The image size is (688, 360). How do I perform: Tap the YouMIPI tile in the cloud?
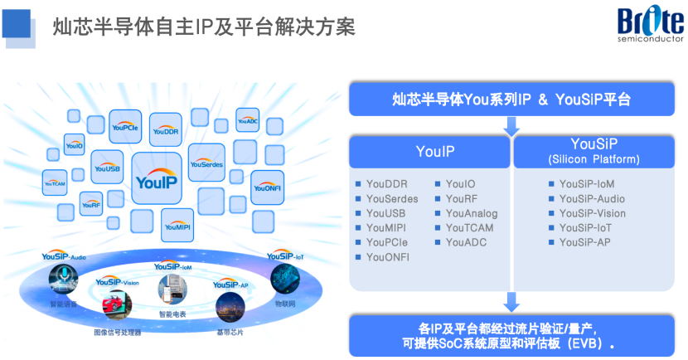coord(177,221)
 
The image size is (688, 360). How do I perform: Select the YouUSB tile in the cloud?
coord(107,167)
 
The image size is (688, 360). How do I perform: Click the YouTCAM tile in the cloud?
coord(55,182)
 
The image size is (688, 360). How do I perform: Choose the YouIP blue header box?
coord(429,152)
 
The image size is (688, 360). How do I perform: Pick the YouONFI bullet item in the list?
coord(388,257)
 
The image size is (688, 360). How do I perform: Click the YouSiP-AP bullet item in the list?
coord(584,242)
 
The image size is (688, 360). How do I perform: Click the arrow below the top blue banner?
coord(512,126)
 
